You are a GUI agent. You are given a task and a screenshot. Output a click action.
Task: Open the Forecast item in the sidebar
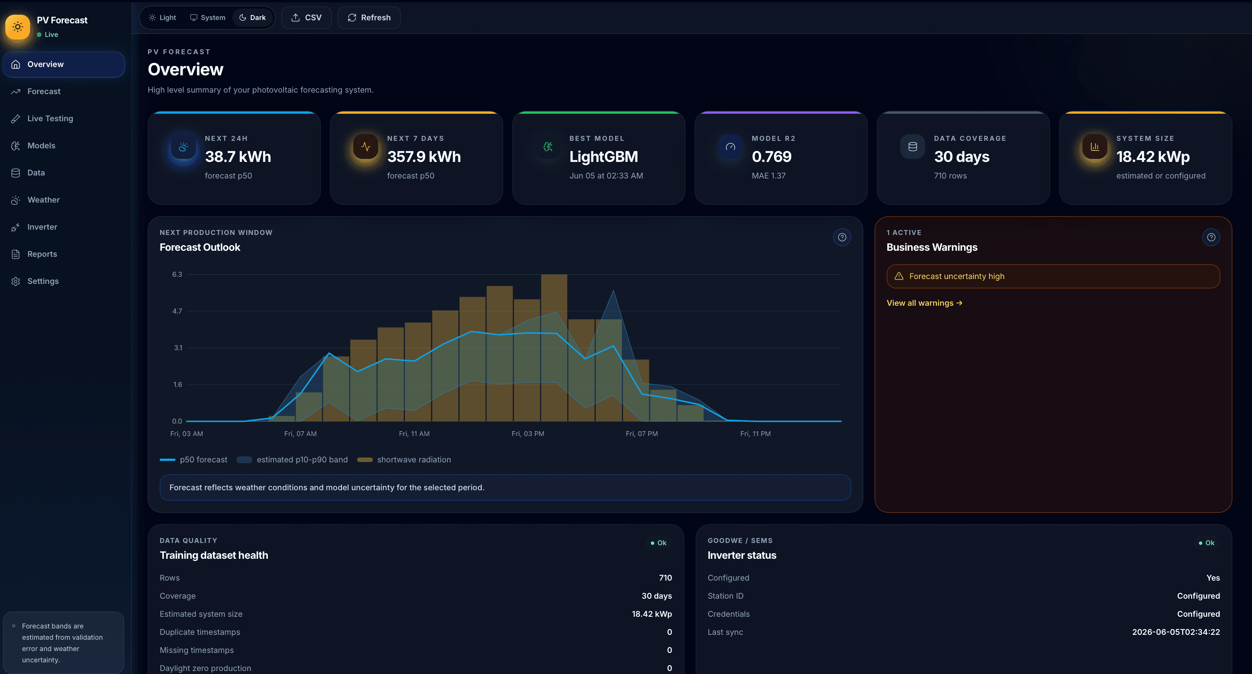coord(44,91)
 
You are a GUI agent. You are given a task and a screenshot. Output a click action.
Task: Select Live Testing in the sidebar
coord(50,119)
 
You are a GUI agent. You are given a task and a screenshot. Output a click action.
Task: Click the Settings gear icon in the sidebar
coord(15,281)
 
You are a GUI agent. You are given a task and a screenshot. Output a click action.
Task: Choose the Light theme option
coord(162,17)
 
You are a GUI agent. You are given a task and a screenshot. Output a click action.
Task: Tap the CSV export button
coord(306,17)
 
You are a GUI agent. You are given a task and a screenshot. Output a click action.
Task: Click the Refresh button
coord(369,17)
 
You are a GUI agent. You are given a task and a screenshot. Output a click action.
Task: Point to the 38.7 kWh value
coord(238,157)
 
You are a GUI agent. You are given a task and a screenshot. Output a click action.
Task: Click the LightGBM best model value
coord(604,157)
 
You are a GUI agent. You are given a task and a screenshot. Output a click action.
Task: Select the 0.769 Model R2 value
coord(772,157)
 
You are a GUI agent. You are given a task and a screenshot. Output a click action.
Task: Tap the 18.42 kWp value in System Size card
coord(1153,157)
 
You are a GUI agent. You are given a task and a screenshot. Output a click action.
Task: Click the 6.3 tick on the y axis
coord(177,274)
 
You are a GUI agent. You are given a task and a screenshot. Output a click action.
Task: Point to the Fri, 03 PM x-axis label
coord(528,433)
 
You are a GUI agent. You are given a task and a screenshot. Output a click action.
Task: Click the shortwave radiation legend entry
coord(405,460)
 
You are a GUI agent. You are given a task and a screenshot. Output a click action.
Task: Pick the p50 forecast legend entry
coord(194,460)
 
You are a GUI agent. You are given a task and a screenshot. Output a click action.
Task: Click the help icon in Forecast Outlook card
coord(842,237)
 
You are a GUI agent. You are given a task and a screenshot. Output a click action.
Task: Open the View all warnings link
coord(924,303)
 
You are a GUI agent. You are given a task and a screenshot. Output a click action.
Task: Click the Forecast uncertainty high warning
coord(1053,276)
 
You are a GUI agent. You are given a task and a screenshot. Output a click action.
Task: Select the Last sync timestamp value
coord(1176,632)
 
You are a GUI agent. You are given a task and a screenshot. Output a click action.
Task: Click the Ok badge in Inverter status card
coord(1207,543)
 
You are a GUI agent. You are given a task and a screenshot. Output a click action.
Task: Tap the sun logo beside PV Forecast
coord(17,27)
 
